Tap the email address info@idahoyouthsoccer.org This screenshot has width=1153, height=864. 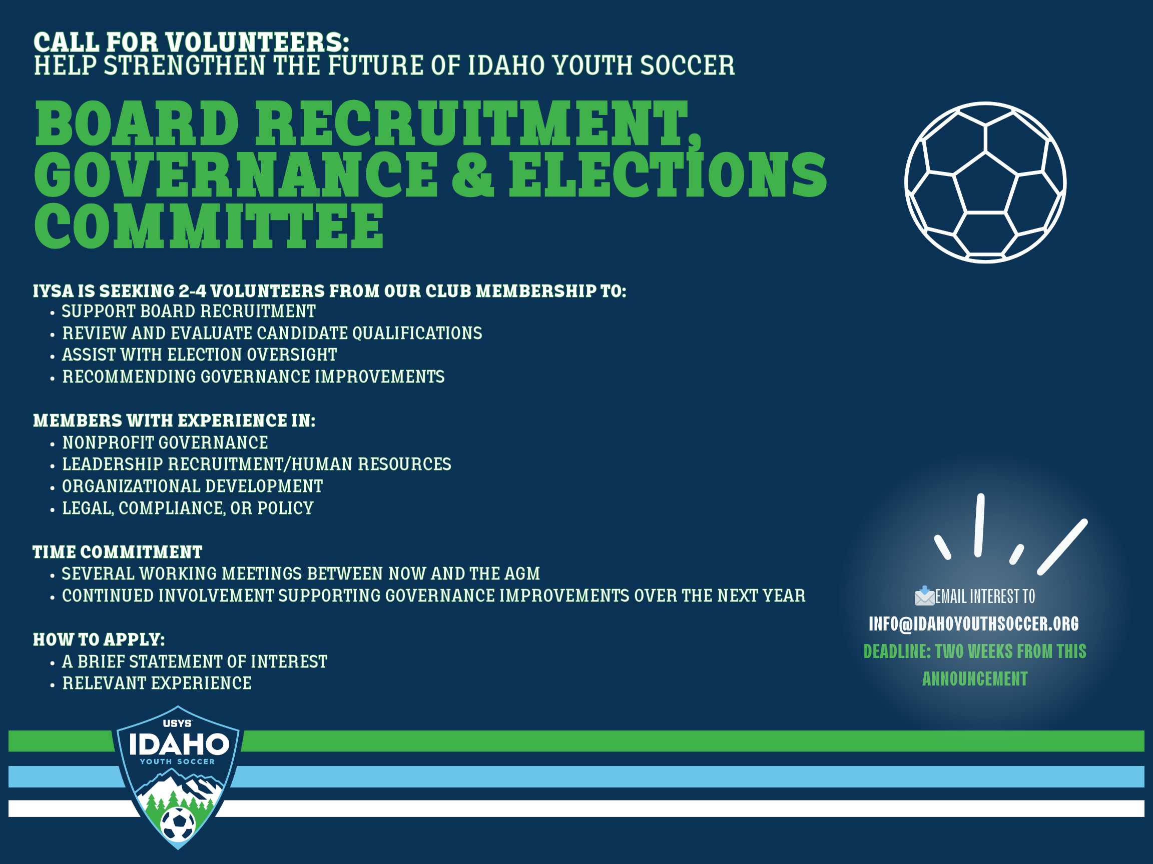973,624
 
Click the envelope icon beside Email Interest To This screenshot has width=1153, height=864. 924,596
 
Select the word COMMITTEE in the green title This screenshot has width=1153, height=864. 209,225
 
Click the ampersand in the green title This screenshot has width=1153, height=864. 472,174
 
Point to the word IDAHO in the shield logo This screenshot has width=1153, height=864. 179,744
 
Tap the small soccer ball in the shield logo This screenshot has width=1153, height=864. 178,823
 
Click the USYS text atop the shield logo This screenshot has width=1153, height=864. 177,723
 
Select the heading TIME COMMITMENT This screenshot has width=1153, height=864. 117,552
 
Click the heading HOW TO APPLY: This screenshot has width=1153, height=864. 99,639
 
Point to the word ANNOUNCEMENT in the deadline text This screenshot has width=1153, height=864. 975,679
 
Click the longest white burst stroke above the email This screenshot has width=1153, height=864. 1062,547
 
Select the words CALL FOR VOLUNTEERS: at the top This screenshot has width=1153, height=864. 191,42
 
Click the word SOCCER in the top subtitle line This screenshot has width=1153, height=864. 687,65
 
